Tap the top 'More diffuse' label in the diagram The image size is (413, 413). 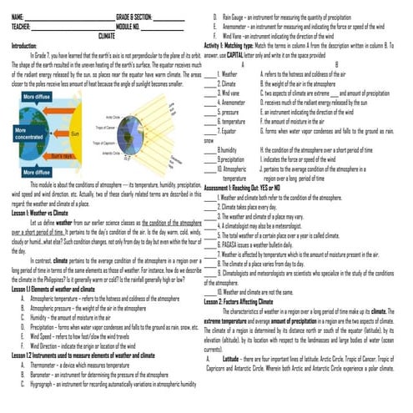(x=37, y=98)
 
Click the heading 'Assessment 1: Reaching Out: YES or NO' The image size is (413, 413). (x=247, y=189)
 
